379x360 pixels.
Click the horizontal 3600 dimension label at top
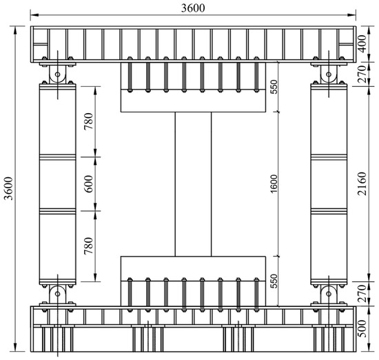pos(193,8)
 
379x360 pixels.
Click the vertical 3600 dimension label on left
pos(9,188)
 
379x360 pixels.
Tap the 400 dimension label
pos(362,43)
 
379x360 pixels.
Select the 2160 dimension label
pos(362,183)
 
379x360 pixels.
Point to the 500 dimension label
pos(362,328)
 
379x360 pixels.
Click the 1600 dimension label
pos(274,184)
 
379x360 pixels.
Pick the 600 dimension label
pos(89,184)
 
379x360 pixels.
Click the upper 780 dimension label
pos(89,121)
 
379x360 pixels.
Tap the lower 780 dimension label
pos(89,246)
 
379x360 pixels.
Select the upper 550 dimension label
pos(274,87)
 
